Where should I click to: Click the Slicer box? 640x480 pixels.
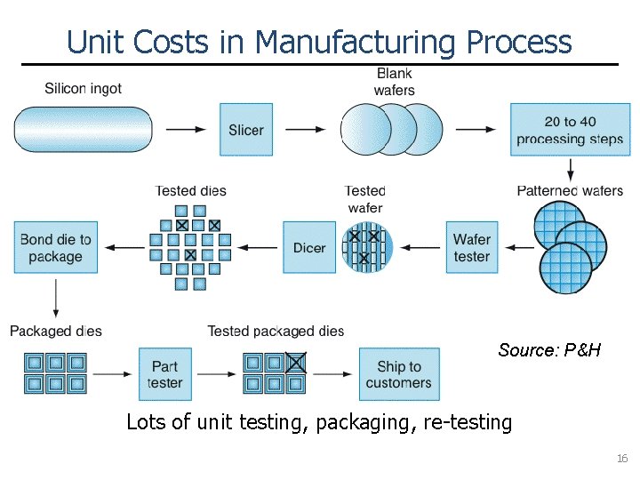(x=246, y=130)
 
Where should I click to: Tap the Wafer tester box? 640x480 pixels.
(x=472, y=248)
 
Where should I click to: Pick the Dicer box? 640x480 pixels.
(x=309, y=248)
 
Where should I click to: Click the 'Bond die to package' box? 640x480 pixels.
(x=55, y=248)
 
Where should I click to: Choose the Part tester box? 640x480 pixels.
(x=164, y=374)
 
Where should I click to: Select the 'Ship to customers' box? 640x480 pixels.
(x=398, y=374)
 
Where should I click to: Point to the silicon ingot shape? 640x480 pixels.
(x=84, y=130)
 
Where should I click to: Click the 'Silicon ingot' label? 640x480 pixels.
(x=84, y=88)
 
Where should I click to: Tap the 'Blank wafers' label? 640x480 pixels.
(x=394, y=81)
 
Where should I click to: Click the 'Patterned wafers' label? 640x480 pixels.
(x=570, y=190)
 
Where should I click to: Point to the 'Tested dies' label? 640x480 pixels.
(x=190, y=190)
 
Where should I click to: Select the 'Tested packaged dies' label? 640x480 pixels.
(x=276, y=331)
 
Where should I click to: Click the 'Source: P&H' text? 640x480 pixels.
(x=549, y=350)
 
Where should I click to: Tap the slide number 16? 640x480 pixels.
(x=622, y=459)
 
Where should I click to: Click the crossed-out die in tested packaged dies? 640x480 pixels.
(x=296, y=363)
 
